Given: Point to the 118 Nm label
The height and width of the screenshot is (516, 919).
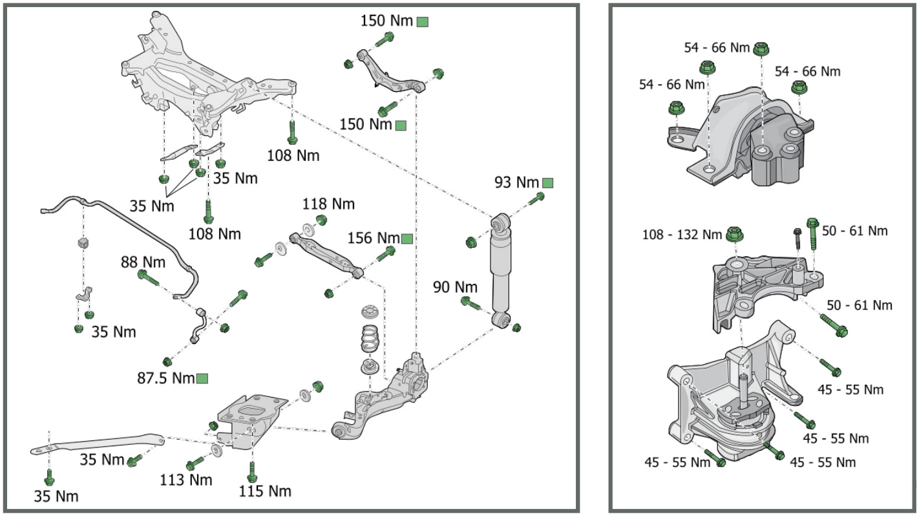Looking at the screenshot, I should coord(328,204).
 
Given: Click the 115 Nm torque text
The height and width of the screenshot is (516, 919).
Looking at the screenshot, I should coord(265,491).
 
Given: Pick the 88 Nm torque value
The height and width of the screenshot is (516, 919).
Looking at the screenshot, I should coord(142,262).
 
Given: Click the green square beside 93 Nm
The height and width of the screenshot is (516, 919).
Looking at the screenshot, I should coord(547,183).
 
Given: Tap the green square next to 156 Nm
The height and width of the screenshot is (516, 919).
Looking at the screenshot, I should coord(407,239).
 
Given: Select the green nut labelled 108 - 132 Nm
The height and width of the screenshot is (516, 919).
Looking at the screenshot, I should coord(734,234).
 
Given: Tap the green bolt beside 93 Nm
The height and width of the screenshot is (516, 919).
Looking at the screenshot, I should coord(536,200).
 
